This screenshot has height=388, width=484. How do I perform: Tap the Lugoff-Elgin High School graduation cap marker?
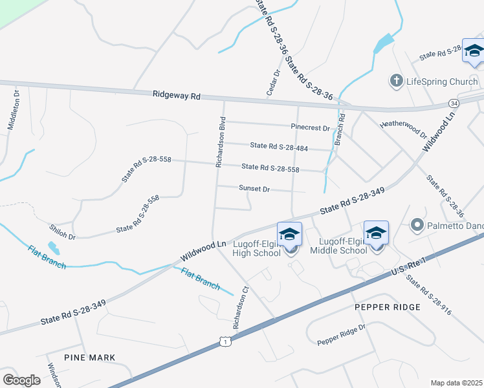290,234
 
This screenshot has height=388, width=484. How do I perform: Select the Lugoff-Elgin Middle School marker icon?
376,233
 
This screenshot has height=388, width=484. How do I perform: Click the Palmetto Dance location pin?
417,225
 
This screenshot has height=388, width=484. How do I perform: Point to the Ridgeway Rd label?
177,95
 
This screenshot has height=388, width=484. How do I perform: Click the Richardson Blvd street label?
221,142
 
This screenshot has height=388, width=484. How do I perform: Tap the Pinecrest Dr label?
311,128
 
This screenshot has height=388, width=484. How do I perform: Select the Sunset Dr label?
254,189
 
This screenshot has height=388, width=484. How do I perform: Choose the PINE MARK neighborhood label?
90,357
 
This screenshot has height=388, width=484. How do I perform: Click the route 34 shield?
455,103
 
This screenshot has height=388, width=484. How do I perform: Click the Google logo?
22,380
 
